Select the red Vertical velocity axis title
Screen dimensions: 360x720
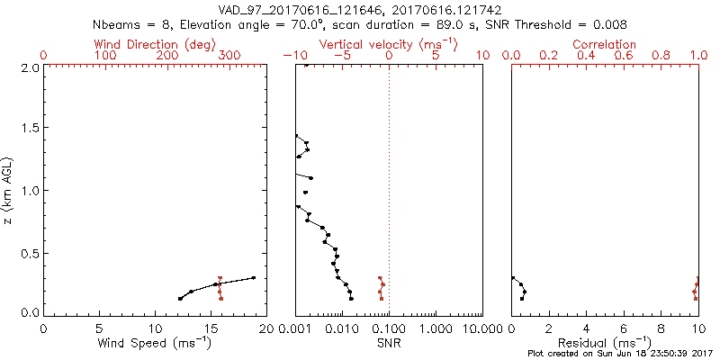pyautogui.click(x=388, y=44)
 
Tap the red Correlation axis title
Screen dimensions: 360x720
pyautogui.click(x=605, y=44)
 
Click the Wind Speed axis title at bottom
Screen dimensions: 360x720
pyautogui.click(x=156, y=342)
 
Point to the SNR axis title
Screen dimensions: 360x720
pyautogui.click(x=388, y=342)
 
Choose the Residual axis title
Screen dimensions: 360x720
pyautogui.click(x=605, y=342)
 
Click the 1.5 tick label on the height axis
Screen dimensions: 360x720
pyautogui.click(x=29, y=129)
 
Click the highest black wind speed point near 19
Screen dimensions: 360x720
pyautogui.click(x=254, y=278)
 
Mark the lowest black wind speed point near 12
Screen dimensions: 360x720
pyautogui.click(x=180, y=299)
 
